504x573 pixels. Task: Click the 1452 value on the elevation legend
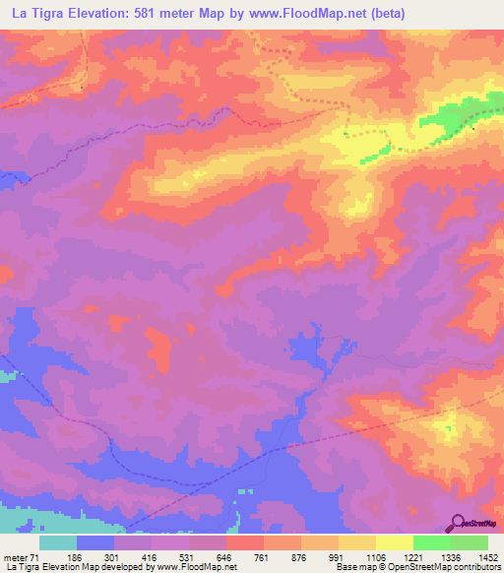point(477,556)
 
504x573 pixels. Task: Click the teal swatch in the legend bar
point(58,542)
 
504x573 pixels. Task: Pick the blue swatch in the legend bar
point(95,542)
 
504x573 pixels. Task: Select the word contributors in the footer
point(476,567)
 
